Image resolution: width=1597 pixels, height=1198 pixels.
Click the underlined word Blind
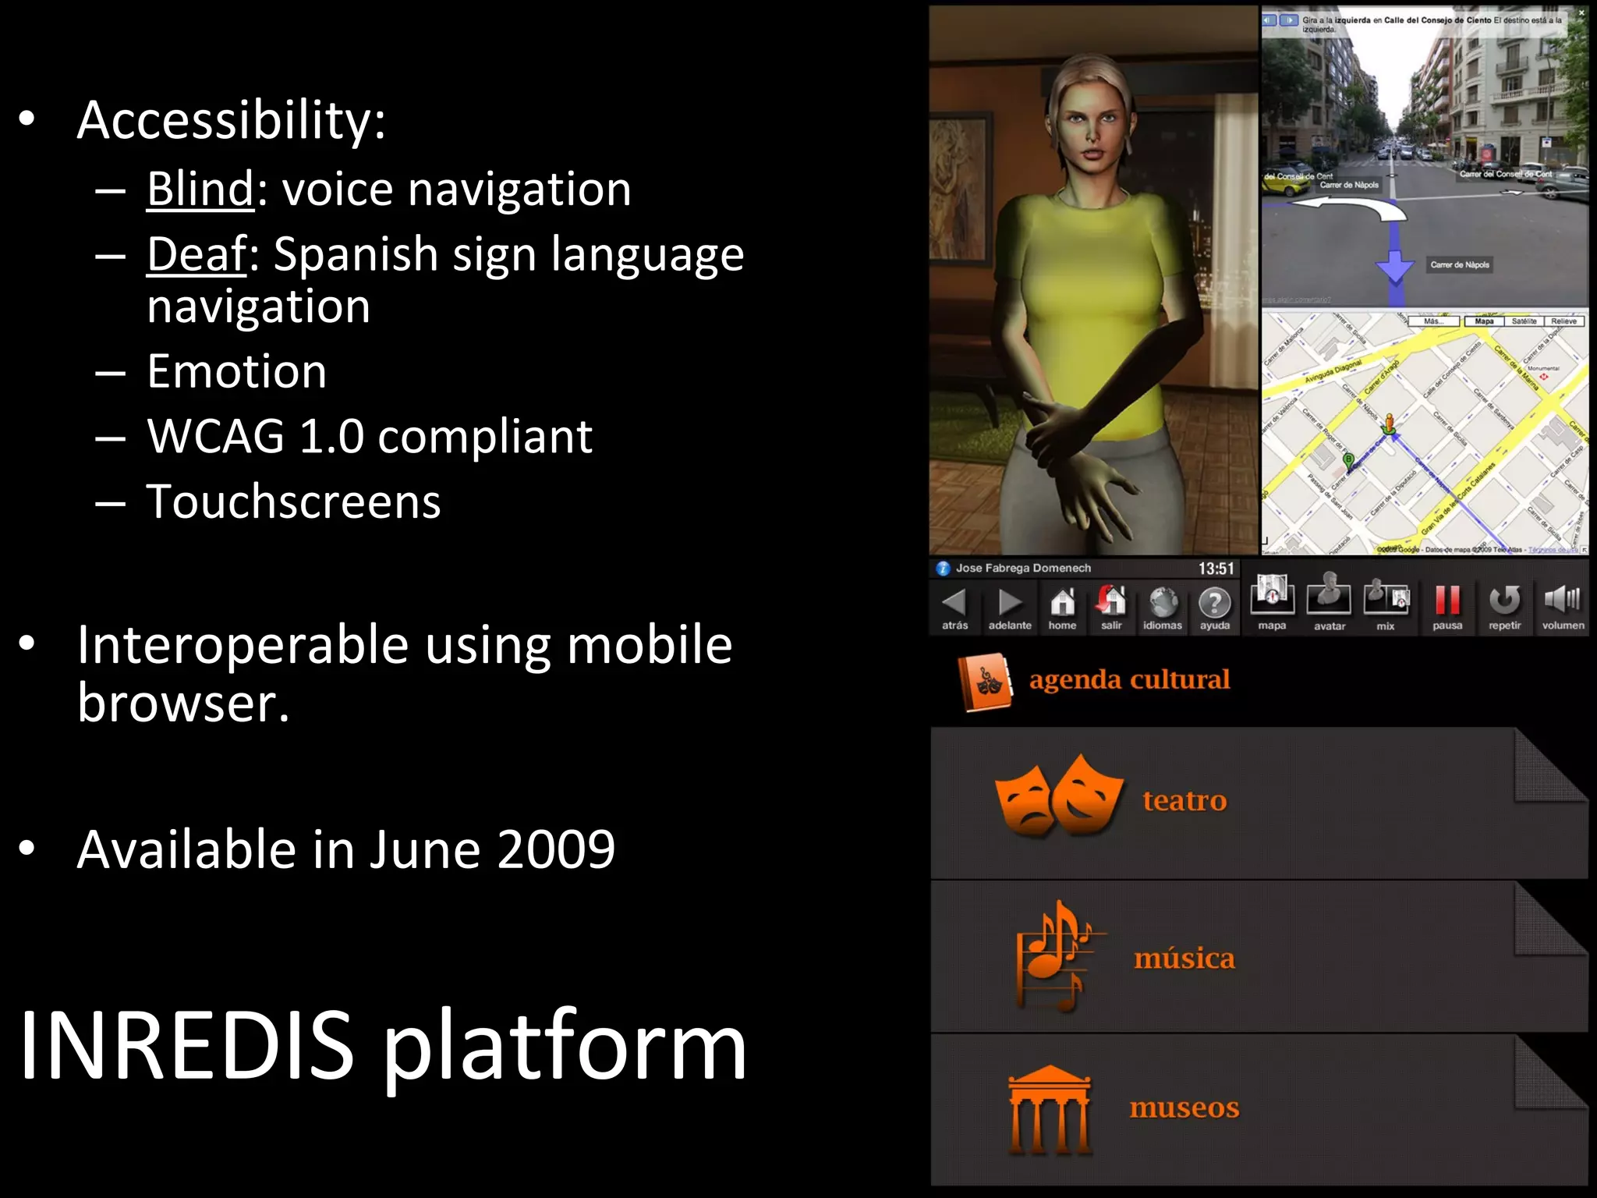pos(200,189)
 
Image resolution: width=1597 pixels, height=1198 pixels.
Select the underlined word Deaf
pos(197,254)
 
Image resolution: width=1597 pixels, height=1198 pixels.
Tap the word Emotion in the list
pos(236,371)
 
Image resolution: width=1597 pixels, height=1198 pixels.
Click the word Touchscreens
pos(293,502)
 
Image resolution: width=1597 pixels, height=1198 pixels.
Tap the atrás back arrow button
pos(954,603)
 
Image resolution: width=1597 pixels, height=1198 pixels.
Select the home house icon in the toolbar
pos(1062,602)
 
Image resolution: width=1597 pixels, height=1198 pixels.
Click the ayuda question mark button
pos(1214,603)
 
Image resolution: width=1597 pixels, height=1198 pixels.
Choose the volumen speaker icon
pos(1562,600)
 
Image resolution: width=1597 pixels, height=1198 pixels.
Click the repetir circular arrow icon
pos(1504,601)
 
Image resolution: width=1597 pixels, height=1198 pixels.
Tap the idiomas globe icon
pos(1163,603)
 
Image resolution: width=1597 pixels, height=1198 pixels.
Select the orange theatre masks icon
pos(1058,796)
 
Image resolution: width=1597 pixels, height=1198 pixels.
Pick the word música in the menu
pos(1184,958)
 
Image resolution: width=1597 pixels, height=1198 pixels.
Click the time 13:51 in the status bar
pos(1216,569)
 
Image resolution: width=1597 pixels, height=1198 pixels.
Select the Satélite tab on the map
pos(1524,321)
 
